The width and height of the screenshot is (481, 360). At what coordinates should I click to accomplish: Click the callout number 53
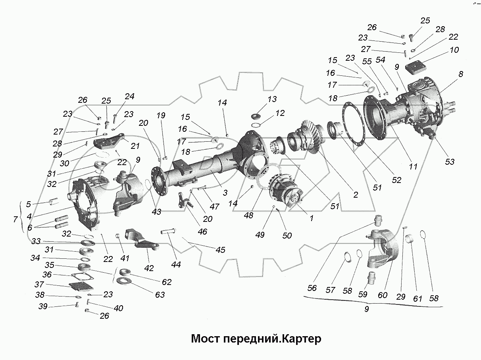[450, 162]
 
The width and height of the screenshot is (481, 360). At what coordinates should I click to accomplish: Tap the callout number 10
[454, 50]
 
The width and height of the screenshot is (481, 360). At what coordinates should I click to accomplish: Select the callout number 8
[460, 74]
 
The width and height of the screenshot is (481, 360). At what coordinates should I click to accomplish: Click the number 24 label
[130, 96]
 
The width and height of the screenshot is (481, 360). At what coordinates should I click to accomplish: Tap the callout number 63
[160, 295]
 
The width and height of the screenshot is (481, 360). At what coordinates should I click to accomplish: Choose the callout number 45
[220, 250]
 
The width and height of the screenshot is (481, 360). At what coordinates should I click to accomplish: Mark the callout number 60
[383, 295]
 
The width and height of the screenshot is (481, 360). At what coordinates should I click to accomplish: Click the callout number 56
[312, 288]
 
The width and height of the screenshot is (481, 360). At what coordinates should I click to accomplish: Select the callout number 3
[225, 193]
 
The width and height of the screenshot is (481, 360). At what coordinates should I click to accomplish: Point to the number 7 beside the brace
[15, 219]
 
